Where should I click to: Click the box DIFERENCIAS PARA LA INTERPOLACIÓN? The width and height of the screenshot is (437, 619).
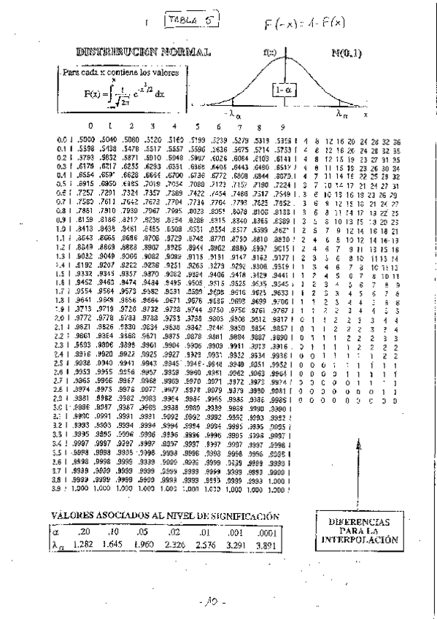[x=359, y=531]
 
